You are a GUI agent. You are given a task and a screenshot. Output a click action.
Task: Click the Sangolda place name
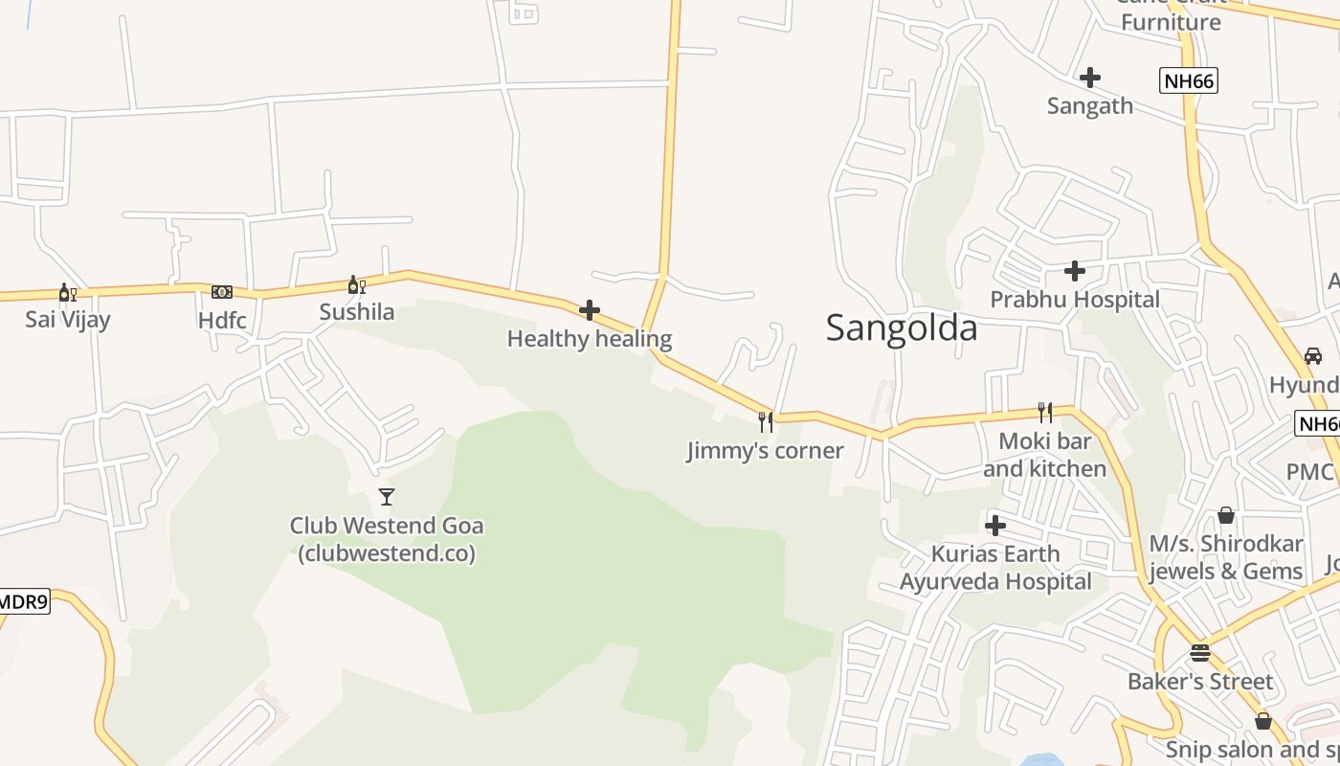coord(902,327)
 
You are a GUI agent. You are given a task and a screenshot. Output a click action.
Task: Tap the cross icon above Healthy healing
coord(590,310)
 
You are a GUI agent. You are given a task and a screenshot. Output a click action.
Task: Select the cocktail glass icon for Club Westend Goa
coord(387,496)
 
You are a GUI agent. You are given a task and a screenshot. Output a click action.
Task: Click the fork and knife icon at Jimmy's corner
coord(766,421)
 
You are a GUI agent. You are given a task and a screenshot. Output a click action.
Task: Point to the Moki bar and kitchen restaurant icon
coord(1045,413)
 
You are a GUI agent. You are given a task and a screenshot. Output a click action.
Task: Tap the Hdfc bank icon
coord(222,292)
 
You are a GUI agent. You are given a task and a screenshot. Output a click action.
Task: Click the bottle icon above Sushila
coord(356,284)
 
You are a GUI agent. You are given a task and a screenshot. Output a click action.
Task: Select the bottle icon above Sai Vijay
coord(67,292)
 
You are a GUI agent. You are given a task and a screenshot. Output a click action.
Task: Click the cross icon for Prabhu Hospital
coord(1075,272)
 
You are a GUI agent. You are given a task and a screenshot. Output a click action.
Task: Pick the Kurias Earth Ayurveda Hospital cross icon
coord(995,526)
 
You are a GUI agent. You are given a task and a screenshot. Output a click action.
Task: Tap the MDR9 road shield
coord(23,602)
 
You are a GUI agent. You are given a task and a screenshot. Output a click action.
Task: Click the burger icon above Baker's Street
coord(1200,653)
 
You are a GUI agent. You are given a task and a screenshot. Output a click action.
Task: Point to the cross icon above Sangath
coord(1089,78)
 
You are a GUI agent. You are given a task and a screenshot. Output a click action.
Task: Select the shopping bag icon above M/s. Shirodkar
coord(1226,516)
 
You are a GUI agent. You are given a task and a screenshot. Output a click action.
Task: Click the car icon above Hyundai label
coord(1313,356)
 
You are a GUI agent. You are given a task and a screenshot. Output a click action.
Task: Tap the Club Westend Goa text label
coord(387,539)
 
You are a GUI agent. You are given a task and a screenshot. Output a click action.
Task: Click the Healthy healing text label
coord(590,339)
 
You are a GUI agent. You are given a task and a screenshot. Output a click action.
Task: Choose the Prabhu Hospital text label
coord(1075,300)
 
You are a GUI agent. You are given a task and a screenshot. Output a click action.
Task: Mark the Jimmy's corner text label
coord(766,450)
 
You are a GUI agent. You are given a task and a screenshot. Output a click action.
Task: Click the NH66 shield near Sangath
coord(1188,81)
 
